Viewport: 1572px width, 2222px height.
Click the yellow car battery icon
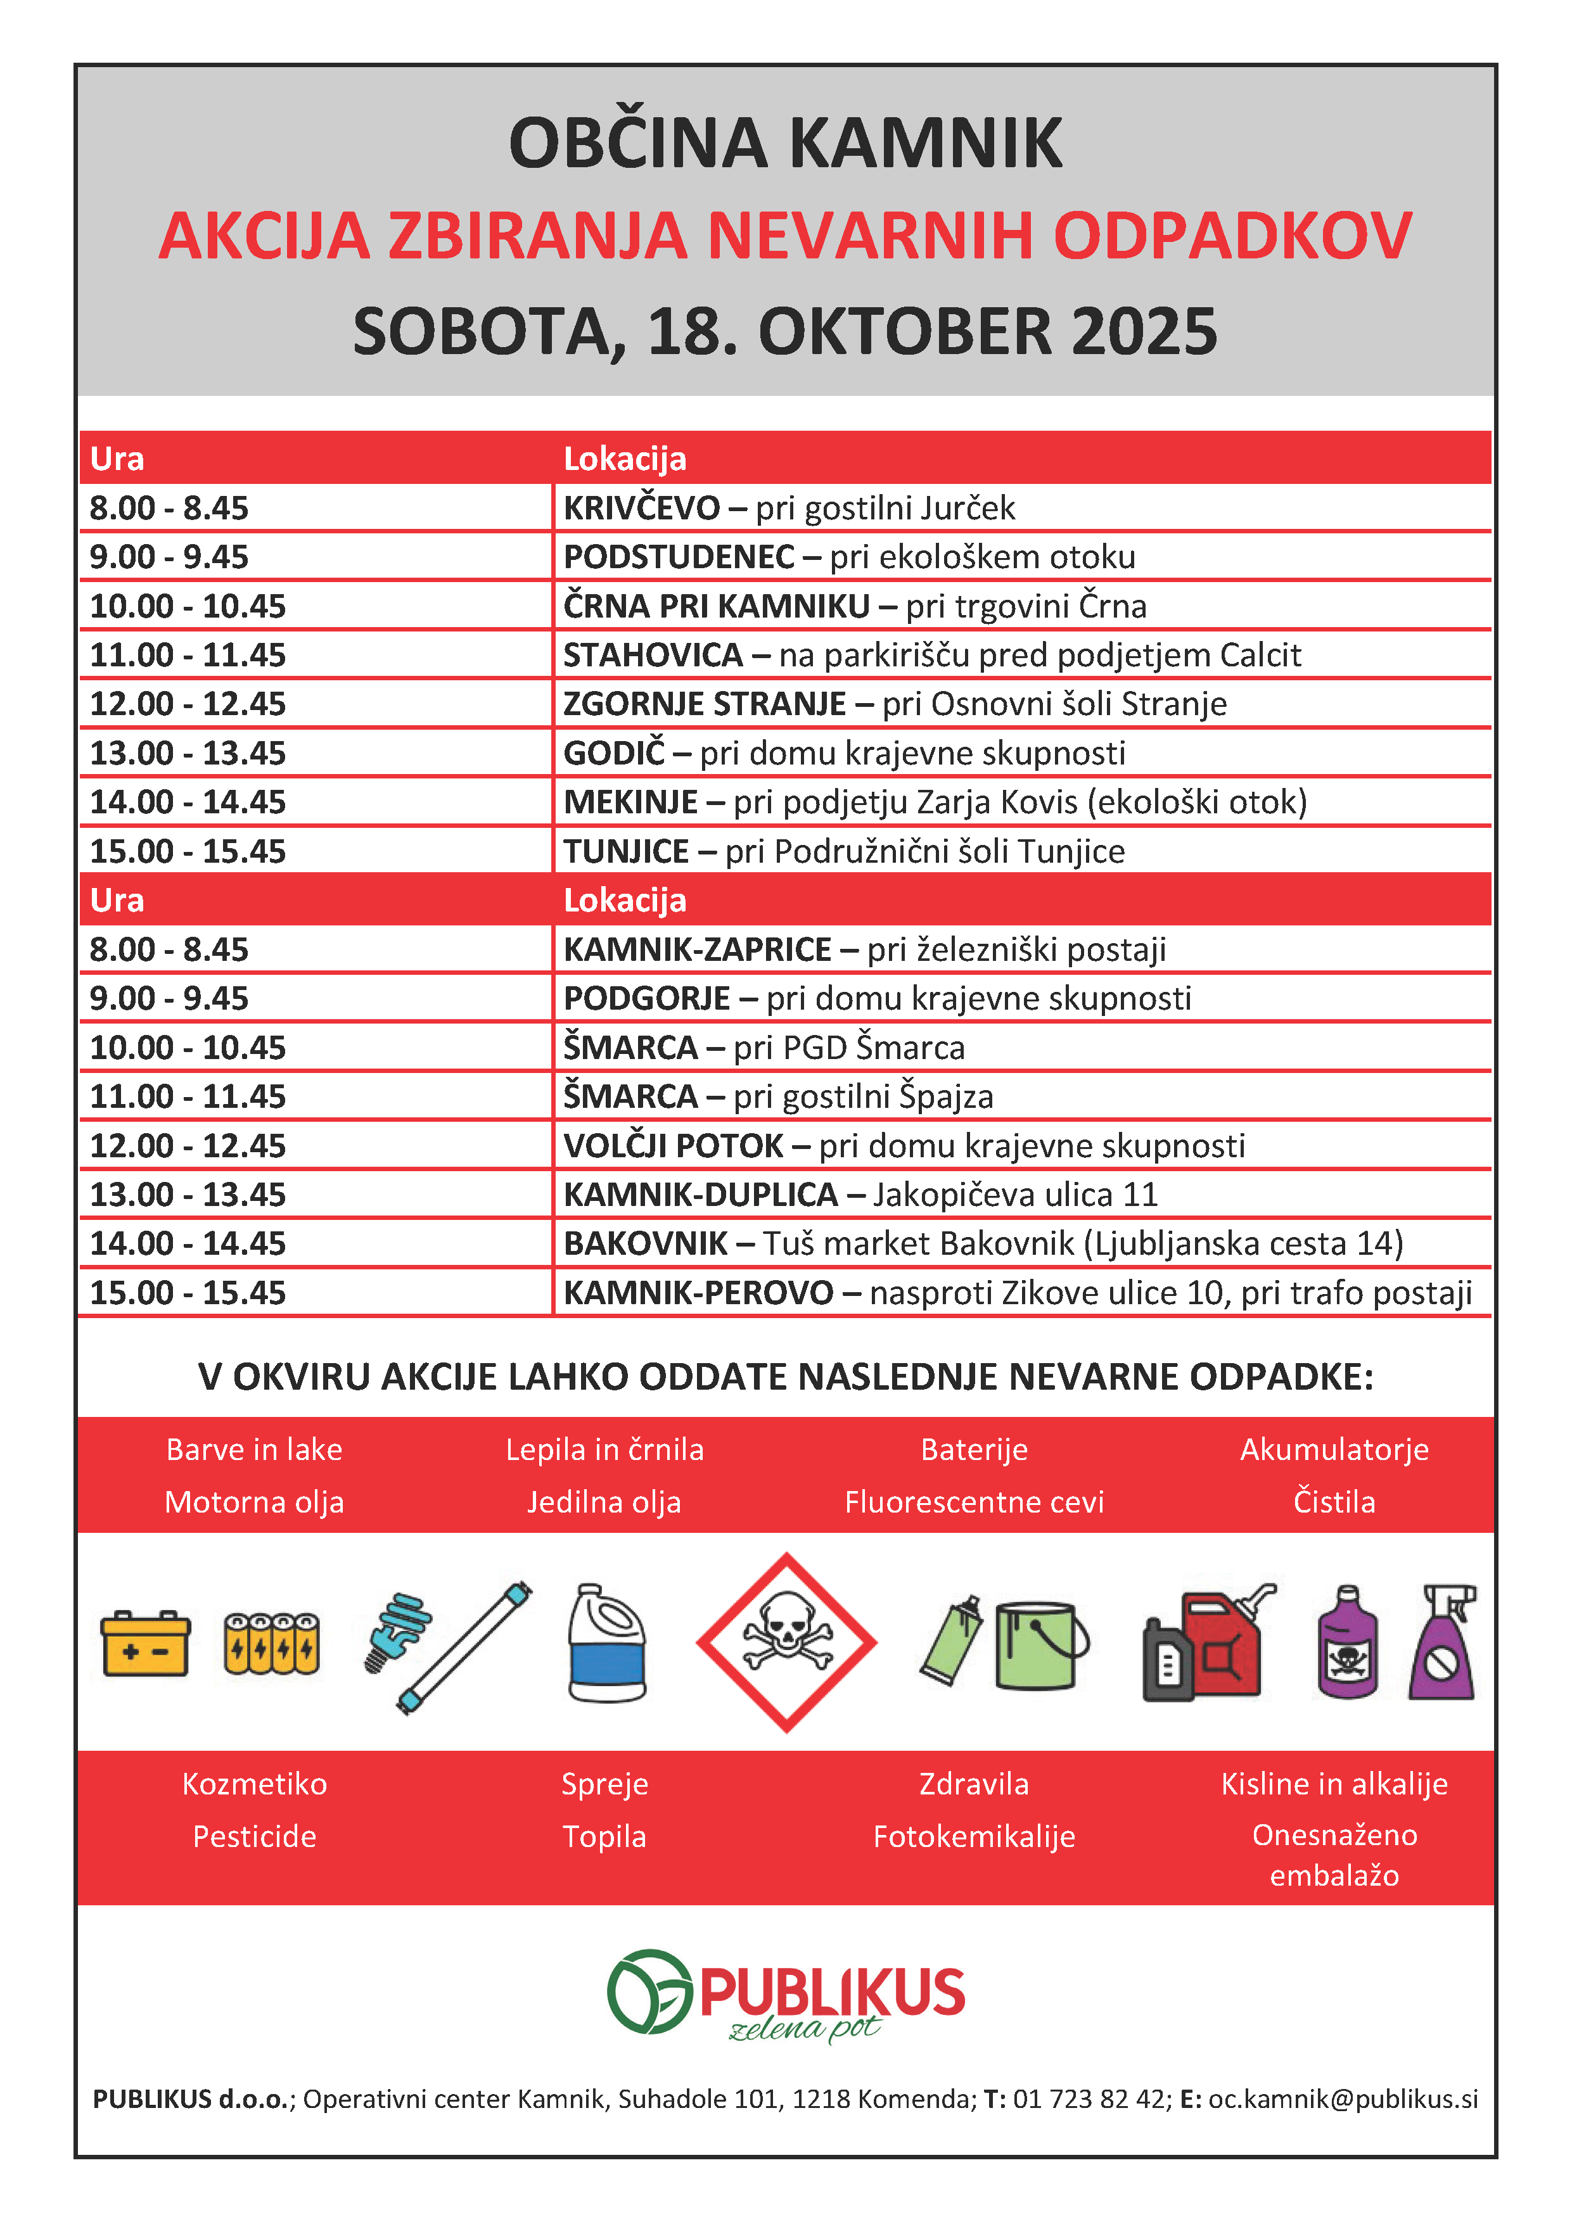click(145, 1643)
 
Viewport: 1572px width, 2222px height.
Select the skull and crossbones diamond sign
click(786, 1642)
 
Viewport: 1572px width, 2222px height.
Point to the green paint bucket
click(1038, 1644)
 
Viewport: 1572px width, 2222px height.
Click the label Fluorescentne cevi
click(974, 1502)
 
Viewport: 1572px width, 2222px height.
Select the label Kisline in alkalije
click(1334, 1784)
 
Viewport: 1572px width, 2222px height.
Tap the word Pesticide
click(255, 1836)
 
